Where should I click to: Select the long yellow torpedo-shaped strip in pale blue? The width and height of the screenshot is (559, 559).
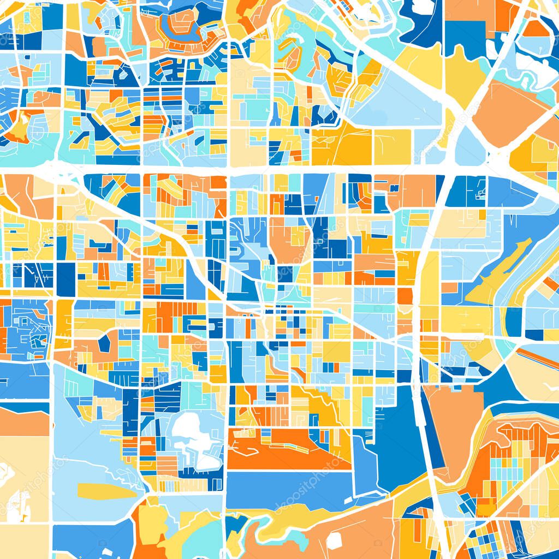pyautogui.click(x=106, y=491)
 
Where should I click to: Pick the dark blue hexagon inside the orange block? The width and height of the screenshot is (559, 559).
pyautogui.click(x=104, y=343)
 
